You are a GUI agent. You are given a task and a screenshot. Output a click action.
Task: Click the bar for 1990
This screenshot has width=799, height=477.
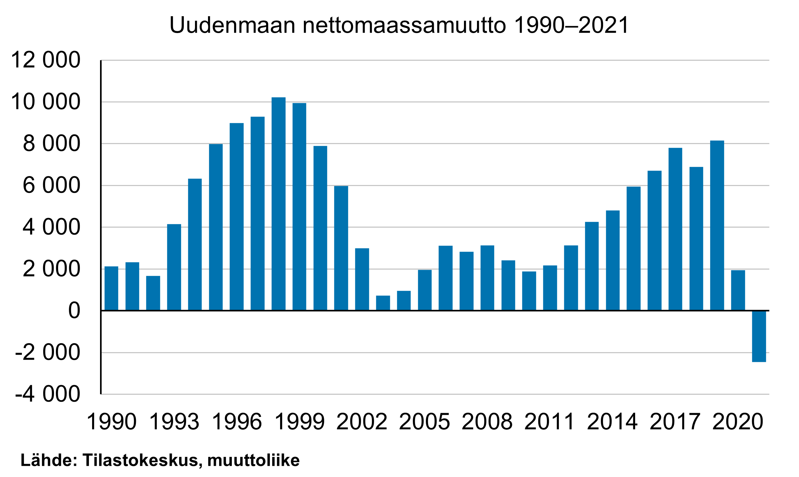tap(111, 288)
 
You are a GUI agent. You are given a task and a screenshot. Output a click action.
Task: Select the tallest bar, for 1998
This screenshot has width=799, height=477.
tap(279, 204)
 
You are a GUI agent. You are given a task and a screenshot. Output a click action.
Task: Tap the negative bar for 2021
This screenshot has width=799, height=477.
tap(759, 337)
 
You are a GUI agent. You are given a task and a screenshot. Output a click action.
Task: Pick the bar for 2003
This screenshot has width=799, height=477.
tap(383, 303)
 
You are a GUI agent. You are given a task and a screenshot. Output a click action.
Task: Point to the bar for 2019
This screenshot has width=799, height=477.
tap(717, 226)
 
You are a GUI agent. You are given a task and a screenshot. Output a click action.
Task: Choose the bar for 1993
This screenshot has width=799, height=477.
tap(174, 268)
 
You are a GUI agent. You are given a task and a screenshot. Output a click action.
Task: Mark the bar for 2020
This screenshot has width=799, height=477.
tap(738, 290)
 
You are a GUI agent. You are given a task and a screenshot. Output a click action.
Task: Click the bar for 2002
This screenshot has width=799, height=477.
tap(362, 279)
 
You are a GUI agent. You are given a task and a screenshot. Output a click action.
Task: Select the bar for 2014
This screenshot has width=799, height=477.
tap(613, 260)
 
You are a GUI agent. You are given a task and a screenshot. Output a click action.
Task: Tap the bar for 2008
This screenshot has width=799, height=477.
tap(487, 278)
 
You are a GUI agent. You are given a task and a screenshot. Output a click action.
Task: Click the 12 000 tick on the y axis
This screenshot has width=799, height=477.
tap(45, 60)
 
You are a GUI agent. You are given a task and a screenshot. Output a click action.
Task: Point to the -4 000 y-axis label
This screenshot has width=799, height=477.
tap(48, 394)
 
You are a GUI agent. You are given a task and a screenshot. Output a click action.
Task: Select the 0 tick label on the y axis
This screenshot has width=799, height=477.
tap(74, 311)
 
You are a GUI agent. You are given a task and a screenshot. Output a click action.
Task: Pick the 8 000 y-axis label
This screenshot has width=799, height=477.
tap(51, 144)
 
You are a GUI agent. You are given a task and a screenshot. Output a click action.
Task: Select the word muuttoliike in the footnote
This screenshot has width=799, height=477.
tap(254, 460)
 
